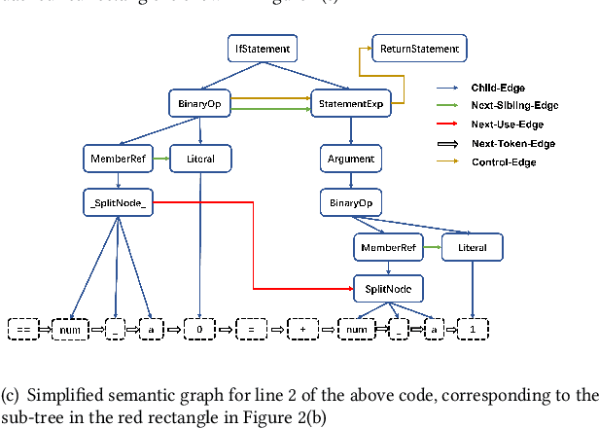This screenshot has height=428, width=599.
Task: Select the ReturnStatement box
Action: pyautogui.click(x=419, y=48)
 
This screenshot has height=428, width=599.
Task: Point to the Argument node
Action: pyautogui.click(x=349, y=158)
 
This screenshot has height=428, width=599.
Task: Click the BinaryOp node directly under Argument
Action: pyautogui.click(x=349, y=203)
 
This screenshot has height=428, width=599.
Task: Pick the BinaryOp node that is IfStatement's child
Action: pyautogui.click(x=200, y=101)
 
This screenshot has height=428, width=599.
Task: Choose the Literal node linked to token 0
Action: pyautogui.click(x=200, y=158)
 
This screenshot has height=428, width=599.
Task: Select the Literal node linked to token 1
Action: pyautogui.click(x=473, y=248)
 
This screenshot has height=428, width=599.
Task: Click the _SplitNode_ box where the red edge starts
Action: pyautogui.click(x=118, y=203)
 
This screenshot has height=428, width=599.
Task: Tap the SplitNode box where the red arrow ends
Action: pyautogui.click(x=388, y=290)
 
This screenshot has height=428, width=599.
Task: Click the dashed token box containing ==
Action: pyautogui.click(x=26, y=331)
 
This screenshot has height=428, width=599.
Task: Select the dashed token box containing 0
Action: pyautogui.click(x=199, y=331)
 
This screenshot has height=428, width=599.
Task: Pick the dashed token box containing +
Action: pyautogui.click(x=303, y=331)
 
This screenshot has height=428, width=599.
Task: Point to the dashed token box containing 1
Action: pyautogui.click(x=472, y=331)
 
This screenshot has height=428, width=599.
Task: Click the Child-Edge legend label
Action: pyautogui.click(x=500, y=87)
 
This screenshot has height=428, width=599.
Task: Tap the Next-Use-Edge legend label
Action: pyautogui.click(x=506, y=125)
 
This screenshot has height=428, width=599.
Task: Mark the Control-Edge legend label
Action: pyautogui.click(x=504, y=161)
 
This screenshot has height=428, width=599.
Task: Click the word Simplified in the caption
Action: pyautogui.click(x=59, y=395)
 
